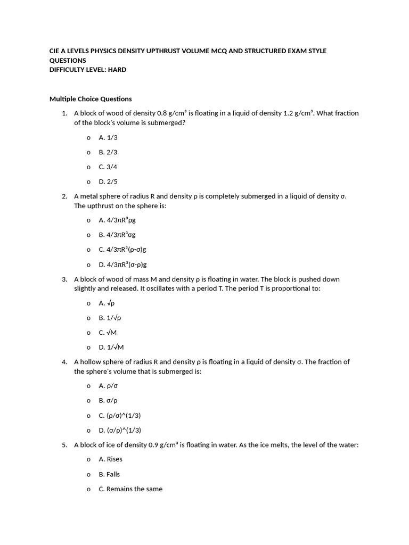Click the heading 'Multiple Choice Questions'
click(91, 99)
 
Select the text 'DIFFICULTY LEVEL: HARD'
click(88, 70)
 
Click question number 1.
click(64, 113)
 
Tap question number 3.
click(64, 279)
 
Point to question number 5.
click(64, 445)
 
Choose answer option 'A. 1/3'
click(108, 137)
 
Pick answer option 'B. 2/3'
click(108, 152)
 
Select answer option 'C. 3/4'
click(108, 167)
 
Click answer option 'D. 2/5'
click(108, 181)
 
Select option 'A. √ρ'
click(107, 303)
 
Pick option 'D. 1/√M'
click(111, 348)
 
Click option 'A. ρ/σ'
click(109, 386)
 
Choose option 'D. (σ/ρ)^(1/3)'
click(120, 430)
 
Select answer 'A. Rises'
click(111, 459)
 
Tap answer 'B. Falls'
click(110, 474)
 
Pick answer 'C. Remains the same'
click(130, 489)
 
